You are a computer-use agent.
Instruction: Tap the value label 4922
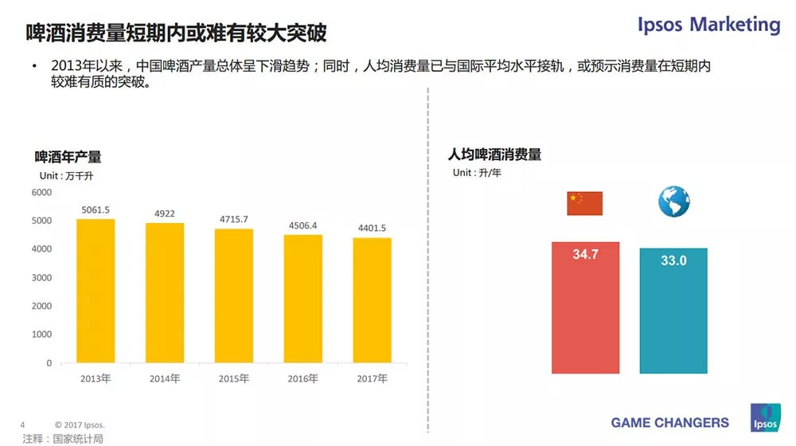click(165, 213)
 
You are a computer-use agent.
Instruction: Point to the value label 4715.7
click(234, 219)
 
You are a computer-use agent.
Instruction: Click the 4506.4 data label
click(303, 225)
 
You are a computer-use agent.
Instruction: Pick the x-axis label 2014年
click(165, 378)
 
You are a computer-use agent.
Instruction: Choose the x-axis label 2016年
click(303, 378)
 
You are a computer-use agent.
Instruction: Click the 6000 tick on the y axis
click(41, 193)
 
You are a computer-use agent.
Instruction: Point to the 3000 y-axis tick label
click(41, 278)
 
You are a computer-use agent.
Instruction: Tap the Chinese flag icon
click(584, 203)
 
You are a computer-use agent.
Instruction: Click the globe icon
click(673, 202)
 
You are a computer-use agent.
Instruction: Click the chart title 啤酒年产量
click(68, 157)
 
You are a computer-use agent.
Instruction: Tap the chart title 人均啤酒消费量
click(494, 155)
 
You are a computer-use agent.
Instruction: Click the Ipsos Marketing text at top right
click(708, 25)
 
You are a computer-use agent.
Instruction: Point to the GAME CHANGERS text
click(669, 422)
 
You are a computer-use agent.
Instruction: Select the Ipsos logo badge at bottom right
click(765, 418)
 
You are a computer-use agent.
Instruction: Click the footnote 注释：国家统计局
click(63, 438)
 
